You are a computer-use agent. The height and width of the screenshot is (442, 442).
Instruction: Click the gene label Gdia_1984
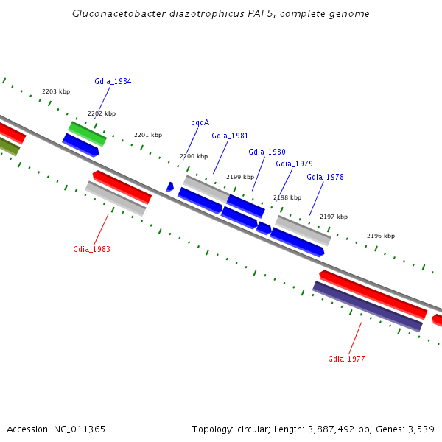click(113, 81)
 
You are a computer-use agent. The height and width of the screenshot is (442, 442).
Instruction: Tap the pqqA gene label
click(200, 122)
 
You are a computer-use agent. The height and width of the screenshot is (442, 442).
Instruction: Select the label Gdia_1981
click(230, 136)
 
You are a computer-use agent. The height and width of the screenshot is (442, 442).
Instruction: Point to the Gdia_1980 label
click(267, 152)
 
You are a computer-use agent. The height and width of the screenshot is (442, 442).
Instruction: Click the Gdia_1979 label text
click(294, 164)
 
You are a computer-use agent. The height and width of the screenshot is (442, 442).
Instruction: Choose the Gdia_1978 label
click(325, 177)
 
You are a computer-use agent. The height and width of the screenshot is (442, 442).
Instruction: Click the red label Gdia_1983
click(91, 249)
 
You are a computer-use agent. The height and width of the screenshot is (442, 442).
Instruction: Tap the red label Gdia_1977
click(346, 359)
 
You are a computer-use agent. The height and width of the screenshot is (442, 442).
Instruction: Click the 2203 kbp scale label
click(56, 91)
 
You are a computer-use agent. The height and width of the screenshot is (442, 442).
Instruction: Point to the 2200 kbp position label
click(194, 156)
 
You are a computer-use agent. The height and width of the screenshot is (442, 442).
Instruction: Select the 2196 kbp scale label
click(381, 236)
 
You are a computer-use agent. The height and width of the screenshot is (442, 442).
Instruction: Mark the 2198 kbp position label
click(287, 197)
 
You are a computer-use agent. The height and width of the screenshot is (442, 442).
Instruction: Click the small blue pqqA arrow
click(170, 187)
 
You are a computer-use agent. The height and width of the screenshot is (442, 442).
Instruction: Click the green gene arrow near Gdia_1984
click(87, 133)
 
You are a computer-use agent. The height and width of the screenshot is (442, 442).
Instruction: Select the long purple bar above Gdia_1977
click(368, 306)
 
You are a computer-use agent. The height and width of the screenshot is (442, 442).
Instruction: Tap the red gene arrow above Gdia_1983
click(122, 186)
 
